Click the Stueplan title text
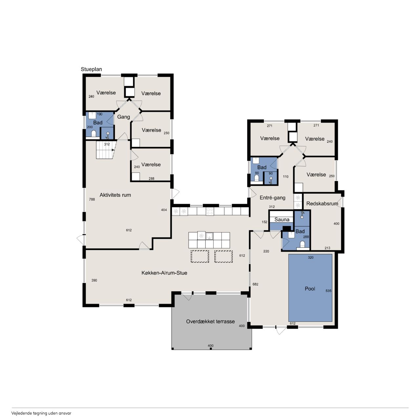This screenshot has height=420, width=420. coord(91,69)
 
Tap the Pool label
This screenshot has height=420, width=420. coord(310,289)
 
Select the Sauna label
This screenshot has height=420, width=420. coord(282,220)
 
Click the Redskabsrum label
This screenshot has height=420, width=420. coord(322,203)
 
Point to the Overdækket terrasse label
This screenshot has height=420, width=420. coord(210,322)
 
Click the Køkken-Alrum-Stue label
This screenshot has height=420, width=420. coord(164,273)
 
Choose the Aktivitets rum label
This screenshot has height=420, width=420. coord(115,195)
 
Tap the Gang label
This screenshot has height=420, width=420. coord(124,117)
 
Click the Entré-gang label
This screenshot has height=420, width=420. coord(272,198)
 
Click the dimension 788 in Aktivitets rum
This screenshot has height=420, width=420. coord(92,199)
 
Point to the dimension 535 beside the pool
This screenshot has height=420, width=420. coord(328,291)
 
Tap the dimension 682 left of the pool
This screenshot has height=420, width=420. coord(255,284)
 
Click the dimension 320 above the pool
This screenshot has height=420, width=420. coord(311,257)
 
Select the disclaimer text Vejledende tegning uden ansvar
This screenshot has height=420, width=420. coord(41,413)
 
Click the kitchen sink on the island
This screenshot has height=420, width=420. coord(209,236)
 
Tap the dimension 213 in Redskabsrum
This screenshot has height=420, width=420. coord(327,248)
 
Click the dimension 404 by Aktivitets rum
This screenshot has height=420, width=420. coord(164,210)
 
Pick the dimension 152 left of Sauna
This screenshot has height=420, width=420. coord(264,222)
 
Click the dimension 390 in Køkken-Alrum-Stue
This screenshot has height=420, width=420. coord(94,280)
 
